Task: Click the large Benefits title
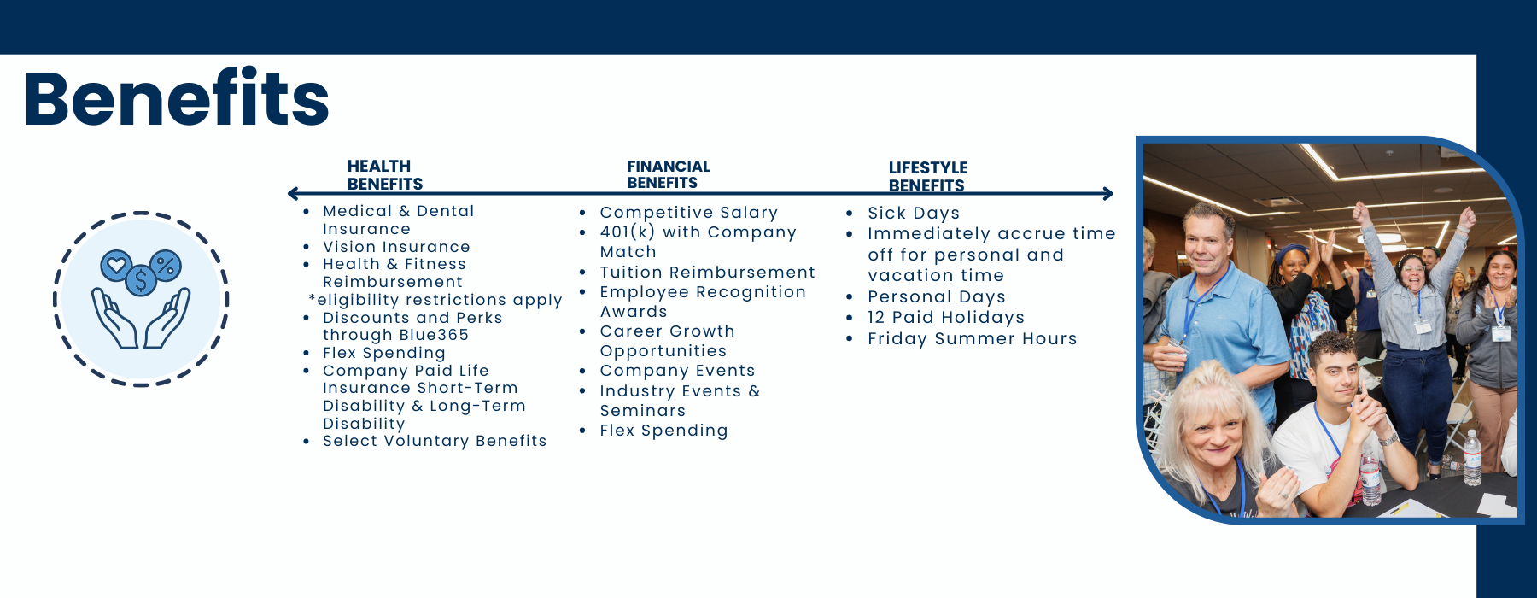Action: coord(177,98)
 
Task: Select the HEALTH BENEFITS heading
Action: coord(385,175)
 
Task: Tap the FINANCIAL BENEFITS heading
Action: coord(669,174)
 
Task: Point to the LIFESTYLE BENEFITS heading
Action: coord(928,177)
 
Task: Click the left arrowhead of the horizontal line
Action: coord(293,194)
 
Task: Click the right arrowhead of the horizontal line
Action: coord(1108,194)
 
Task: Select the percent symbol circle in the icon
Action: coord(166,266)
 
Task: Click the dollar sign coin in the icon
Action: coord(141,280)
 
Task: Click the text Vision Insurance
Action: coord(396,247)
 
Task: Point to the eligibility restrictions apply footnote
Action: coord(435,300)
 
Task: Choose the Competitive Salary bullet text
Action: coord(689,213)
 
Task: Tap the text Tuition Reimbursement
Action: coord(708,273)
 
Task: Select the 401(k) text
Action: coord(628,232)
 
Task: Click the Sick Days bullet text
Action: coord(914,214)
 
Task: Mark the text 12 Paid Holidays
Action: coord(946,318)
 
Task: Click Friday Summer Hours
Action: coord(973,339)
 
